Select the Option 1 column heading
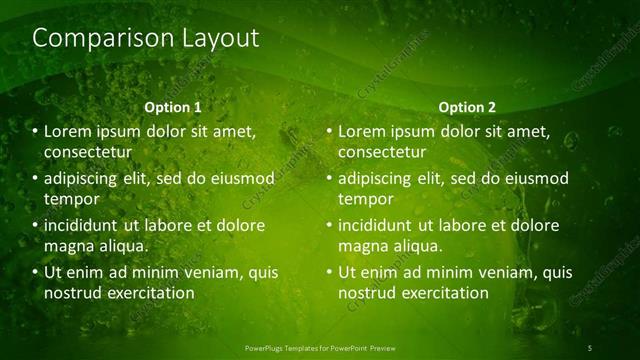click(173, 107)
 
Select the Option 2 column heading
click(466, 107)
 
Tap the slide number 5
click(590, 347)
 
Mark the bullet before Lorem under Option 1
click(34, 132)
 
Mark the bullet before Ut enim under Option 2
click(329, 272)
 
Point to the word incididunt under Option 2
click(375, 225)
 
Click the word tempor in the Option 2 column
click(366, 198)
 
